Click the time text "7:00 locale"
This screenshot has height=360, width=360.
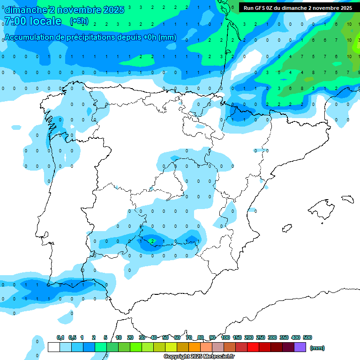tap(32, 21)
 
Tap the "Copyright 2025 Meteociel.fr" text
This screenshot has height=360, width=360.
tap(199, 357)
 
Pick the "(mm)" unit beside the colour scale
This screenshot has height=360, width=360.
tap(317, 348)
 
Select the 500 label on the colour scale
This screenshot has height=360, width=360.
tap(307, 337)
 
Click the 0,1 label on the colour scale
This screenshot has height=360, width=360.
tap(60, 337)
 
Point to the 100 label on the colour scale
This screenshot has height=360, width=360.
tap(225, 337)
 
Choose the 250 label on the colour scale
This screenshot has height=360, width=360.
tap(261, 337)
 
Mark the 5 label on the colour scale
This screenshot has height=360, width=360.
tap(106, 337)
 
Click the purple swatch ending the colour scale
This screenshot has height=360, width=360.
tap(300, 347)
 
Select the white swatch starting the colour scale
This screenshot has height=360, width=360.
tap(53, 347)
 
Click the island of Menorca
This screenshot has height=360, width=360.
tap(347, 199)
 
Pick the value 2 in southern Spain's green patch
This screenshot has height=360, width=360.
tap(152, 241)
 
